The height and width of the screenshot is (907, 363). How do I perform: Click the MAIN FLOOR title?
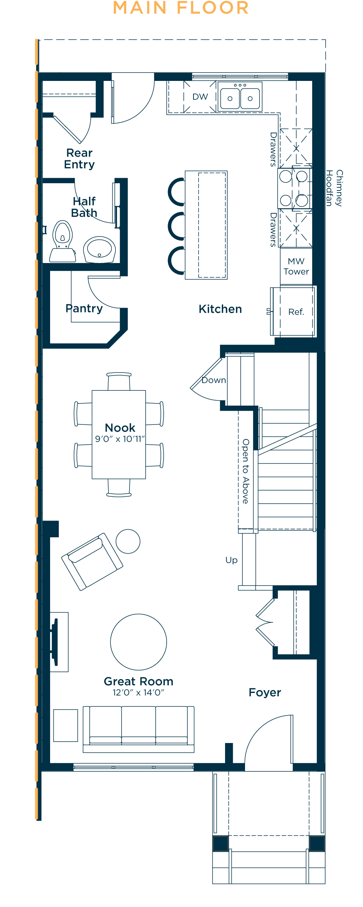(x=181, y=8)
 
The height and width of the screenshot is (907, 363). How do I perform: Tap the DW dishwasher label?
(x=200, y=97)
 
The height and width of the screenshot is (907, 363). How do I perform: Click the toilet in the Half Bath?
(x=63, y=241)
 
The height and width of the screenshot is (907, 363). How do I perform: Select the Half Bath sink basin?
(x=99, y=250)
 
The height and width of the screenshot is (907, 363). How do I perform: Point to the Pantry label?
(x=84, y=309)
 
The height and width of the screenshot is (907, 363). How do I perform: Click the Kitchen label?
(x=220, y=309)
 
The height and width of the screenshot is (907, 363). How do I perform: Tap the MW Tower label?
(x=296, y=266)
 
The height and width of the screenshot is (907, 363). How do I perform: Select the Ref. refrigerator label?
(x=296, y=312)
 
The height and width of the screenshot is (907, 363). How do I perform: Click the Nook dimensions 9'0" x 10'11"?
(x=120, y=439)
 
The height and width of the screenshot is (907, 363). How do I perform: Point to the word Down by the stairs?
(x=214, y=380)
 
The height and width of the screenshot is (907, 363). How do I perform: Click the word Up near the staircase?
(x=232, y=561)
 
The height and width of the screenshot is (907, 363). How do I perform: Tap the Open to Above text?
(x=246, y=471)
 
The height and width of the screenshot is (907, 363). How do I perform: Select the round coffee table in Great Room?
(x=139, y=642)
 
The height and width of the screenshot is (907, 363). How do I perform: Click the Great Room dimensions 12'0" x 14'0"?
(x=138, y=693)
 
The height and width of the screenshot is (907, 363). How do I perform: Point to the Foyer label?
(x=265, y=693)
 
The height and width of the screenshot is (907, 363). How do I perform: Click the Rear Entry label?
(x=79, y=159)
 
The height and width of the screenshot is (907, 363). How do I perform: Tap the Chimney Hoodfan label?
(x=334, y=188)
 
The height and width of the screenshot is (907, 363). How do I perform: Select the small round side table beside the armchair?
(x=128, y=541)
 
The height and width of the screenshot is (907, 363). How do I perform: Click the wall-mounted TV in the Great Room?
(x=55, y=642)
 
